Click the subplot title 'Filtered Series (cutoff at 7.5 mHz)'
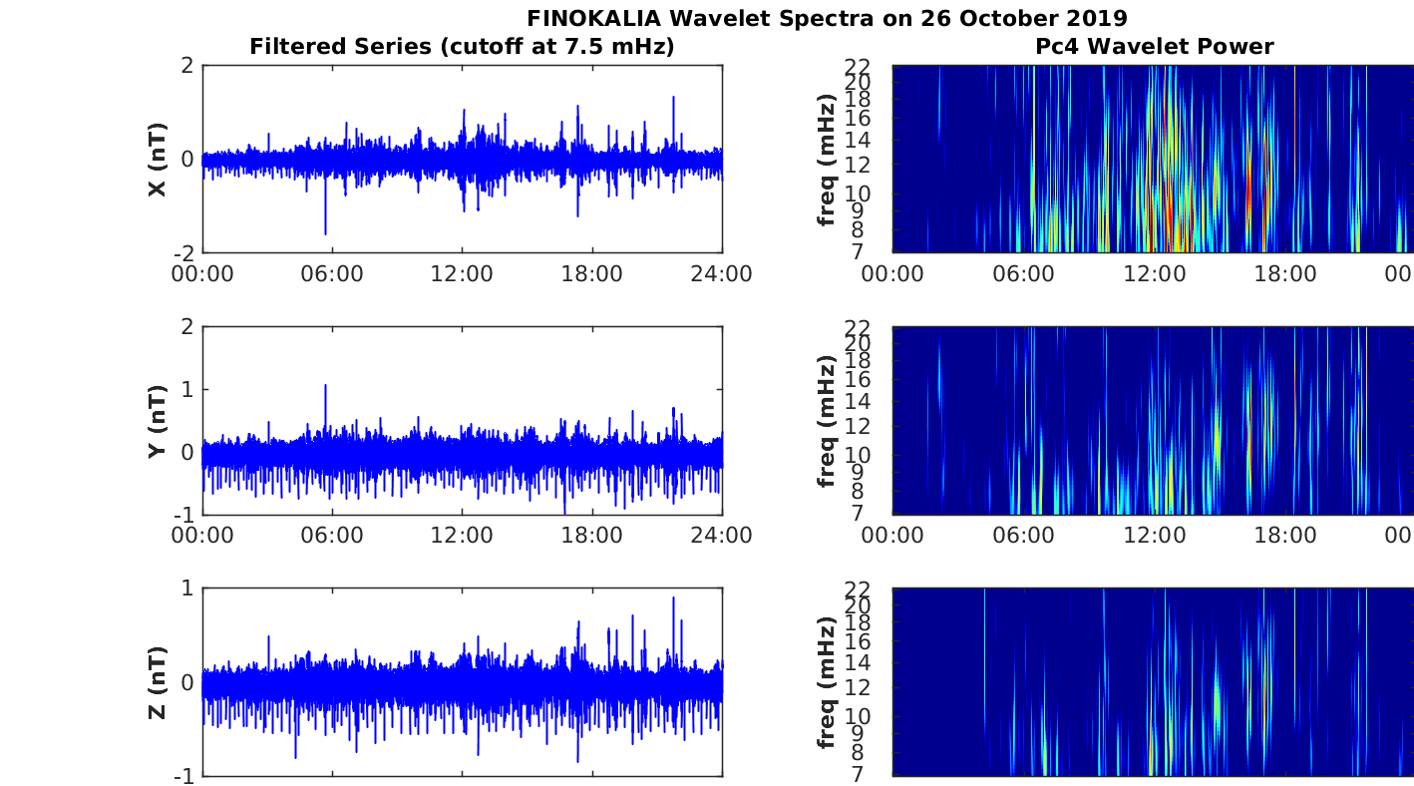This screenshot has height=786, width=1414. (x=462, y=46)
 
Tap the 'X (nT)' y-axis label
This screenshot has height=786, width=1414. (x=158, y=160)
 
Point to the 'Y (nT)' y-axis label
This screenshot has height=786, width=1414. (x=158, y=421)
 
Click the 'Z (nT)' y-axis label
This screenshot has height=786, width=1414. (x=158, y=682)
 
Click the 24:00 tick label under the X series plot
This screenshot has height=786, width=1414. (x=721, y=274)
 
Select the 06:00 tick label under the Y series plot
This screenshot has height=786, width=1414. (x=332, y=536)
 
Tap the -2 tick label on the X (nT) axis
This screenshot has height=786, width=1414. (x=185, y=253)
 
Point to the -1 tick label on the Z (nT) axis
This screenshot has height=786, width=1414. (x=185, y=776)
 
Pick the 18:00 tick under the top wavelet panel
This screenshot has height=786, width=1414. (x=1284, y=274)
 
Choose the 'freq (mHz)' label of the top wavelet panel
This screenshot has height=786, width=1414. (x=826, y=160)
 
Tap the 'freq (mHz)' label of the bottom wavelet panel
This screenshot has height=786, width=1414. (x=826, y=682)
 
